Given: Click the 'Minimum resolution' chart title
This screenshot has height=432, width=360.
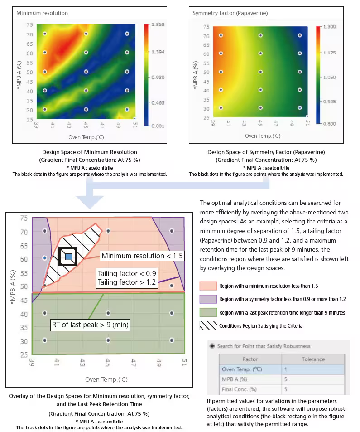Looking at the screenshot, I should (x=42, y=13).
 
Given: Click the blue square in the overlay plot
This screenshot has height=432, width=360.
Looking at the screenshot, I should (x=68, y=257).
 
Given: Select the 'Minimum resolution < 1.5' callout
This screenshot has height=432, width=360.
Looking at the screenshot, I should (x=142, y=256).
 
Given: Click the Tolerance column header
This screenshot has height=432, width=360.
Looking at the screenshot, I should (x=313, y=359).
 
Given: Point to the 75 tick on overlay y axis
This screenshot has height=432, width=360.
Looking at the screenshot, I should (x=23, y=218).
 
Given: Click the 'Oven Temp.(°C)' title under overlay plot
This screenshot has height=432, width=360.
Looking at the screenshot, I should (x=106, y=379).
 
